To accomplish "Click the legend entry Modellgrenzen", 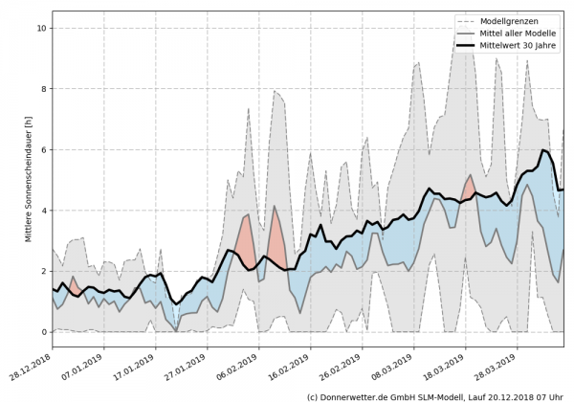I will click(512, 20).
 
